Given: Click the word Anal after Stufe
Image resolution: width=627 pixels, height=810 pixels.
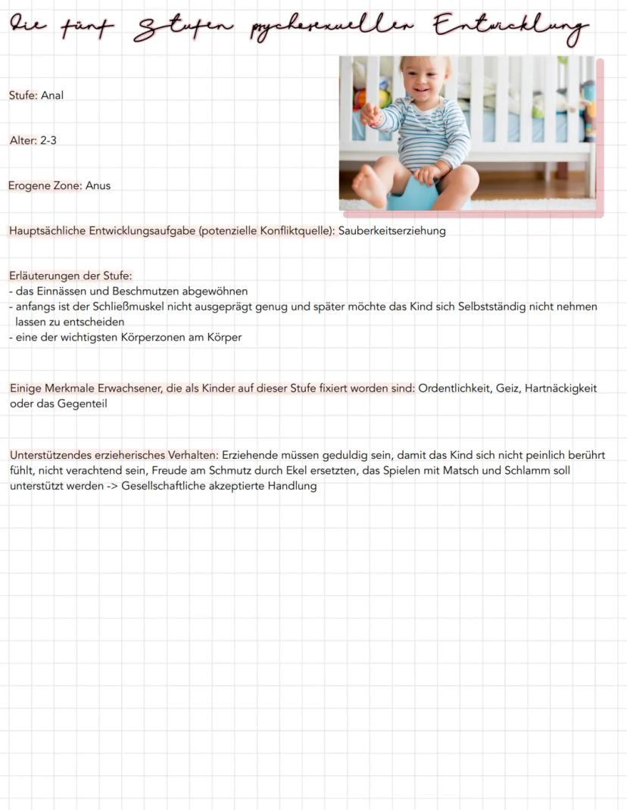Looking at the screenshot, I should click(x=52, y=95).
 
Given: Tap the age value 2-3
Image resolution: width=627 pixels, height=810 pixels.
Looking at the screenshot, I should click(x=48, y=141).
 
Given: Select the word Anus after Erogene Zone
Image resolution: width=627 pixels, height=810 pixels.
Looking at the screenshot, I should click(x=98, y=185).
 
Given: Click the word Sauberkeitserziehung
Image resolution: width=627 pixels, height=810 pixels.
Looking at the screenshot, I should click(x=391, y=231).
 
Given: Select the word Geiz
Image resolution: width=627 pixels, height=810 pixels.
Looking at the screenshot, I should click(x=507, y=388).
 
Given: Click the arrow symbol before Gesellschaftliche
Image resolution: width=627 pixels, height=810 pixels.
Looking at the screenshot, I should click(x=111, y=486).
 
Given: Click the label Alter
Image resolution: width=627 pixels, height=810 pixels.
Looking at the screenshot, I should click(x=23, y=141).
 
